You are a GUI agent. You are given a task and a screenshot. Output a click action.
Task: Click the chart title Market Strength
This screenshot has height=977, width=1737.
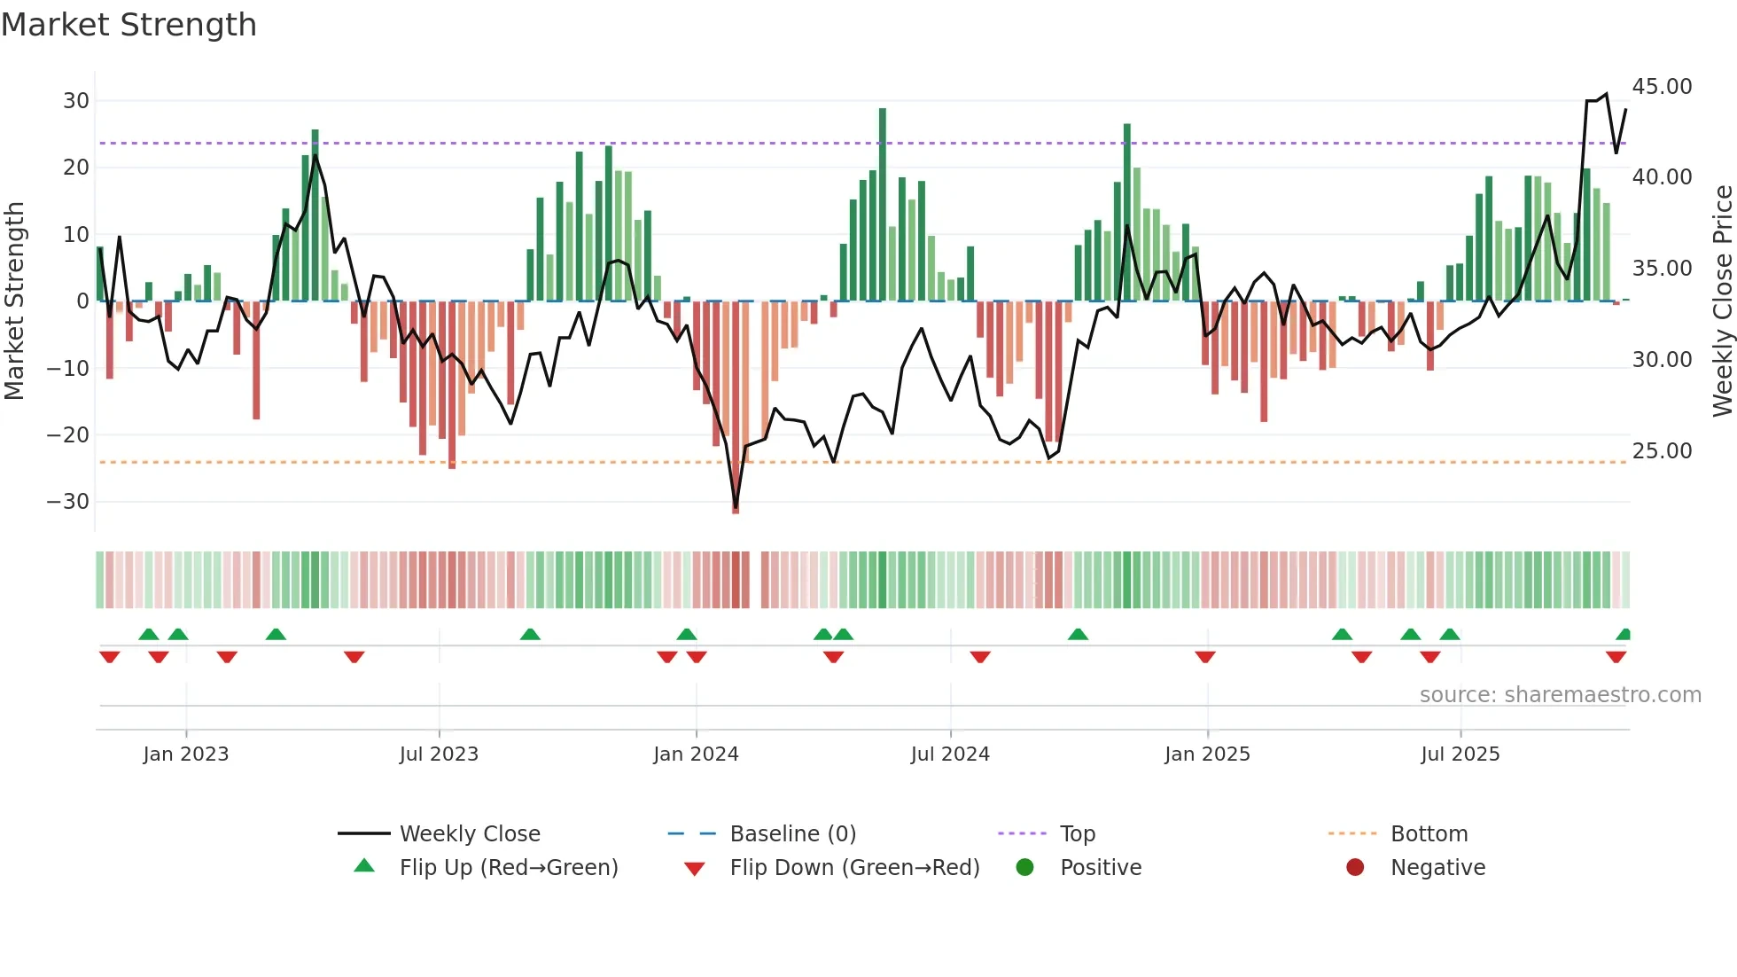129,25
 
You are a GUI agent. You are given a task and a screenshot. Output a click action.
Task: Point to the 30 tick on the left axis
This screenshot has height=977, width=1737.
76,101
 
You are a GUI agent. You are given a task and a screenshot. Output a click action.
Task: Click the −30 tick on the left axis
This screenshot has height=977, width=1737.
68,502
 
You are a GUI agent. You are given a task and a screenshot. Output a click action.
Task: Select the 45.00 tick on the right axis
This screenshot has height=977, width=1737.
1662,87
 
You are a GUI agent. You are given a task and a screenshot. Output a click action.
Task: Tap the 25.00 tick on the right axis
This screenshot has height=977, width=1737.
1662,451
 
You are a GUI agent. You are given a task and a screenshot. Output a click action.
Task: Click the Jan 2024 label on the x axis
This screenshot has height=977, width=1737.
696,754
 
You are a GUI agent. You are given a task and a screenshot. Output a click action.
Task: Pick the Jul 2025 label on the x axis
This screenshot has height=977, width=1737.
1460,754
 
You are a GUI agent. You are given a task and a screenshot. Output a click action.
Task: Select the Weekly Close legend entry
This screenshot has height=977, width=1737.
470,834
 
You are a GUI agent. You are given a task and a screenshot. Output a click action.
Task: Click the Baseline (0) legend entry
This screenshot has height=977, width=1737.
792,834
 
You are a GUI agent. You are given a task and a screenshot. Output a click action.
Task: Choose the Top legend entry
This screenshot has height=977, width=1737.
1078,834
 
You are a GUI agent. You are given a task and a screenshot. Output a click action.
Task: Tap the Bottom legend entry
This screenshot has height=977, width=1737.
1429,834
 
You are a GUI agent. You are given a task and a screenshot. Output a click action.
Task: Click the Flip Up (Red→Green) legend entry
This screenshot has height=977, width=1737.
508,868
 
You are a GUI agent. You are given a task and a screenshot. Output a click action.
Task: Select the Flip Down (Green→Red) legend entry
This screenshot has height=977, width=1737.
854,868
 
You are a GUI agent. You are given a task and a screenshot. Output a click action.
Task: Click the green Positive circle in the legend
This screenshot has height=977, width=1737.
1025,868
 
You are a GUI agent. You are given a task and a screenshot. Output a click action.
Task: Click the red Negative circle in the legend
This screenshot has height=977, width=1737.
1355,868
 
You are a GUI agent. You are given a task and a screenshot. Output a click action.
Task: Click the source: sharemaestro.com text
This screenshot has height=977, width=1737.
1560,695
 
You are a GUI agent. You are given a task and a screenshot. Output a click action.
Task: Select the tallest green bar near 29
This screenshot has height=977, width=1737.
883,204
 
